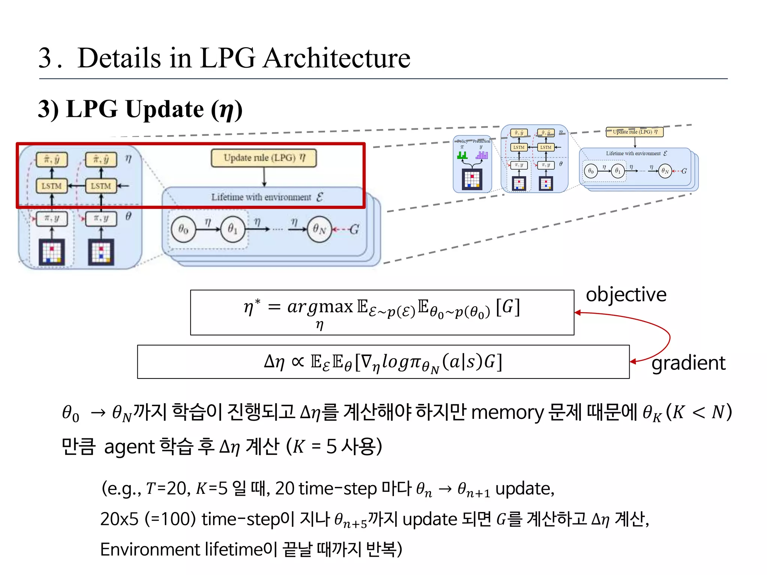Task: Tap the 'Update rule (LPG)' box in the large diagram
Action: tap(264, 158)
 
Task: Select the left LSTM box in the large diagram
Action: tap(52, 186)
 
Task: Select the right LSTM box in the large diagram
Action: tap(101, 186)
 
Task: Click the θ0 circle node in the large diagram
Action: tap(183, 229)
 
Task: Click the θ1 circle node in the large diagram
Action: tap(233, 229)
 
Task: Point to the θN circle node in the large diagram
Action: tap(319, 229)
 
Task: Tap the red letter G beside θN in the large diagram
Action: tap(354, 229)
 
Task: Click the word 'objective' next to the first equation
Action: tap(626, 295)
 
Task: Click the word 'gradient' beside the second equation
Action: tap(688, 363)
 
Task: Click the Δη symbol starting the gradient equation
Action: tap(274, 362)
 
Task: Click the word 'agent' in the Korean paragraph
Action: tap(129, 447)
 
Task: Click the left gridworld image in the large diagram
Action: tap(52, 252)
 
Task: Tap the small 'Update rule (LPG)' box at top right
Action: tap(634, 132)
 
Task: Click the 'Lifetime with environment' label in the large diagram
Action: tap(261, 197)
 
